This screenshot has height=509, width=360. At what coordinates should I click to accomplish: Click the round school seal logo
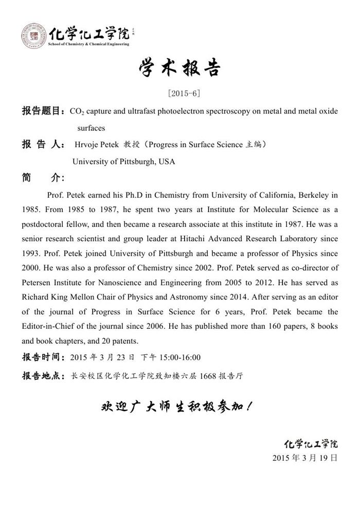[x=33, y=36]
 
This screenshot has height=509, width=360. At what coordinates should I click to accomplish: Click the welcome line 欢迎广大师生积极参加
[x=176, y=408]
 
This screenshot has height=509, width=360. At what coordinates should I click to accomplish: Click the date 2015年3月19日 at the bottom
[x=304, y=458]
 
